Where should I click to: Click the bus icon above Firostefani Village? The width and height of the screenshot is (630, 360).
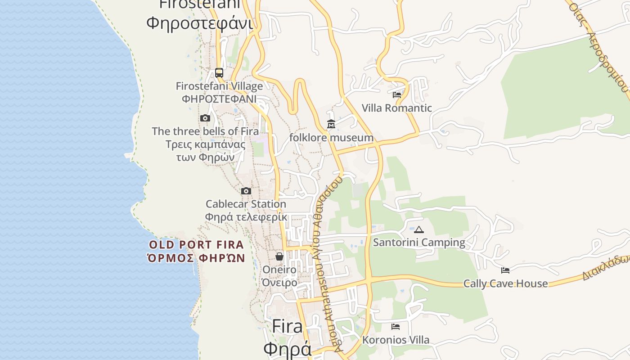click(219, 72)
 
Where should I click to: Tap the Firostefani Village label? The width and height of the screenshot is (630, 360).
click(219, 86)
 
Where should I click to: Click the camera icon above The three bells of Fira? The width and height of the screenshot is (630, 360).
click(205, 118)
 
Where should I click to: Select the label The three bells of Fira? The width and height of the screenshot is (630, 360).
click(205, 131)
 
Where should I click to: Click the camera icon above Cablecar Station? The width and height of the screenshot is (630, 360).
click(246, 191)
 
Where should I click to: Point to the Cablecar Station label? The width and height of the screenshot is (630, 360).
click(246, 204)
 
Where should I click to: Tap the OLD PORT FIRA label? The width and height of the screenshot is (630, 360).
click(197, 245)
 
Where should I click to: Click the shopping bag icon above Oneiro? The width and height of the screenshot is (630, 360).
click(279, 256)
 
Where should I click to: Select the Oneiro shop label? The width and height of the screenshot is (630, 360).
click(279, 270)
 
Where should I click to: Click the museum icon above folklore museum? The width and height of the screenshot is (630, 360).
click(331, 124)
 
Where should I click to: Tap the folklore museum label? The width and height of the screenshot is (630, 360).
click(331, 138)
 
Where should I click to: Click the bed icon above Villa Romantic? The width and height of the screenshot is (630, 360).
click(397, 94)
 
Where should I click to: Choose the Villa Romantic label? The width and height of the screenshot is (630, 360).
click(397, 108)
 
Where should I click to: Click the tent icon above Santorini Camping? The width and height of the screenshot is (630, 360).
click(419, 229)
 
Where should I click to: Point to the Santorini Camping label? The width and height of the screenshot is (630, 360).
click(419, 243)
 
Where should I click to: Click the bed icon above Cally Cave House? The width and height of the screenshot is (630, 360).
click(505, 270)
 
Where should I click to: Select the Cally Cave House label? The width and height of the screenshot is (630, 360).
click(505, 283)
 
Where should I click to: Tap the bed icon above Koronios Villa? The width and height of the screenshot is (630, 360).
click(396, 326)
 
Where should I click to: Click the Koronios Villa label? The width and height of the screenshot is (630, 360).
click(396, 340)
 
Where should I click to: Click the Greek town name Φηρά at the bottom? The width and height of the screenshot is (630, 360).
click(287, 349)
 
